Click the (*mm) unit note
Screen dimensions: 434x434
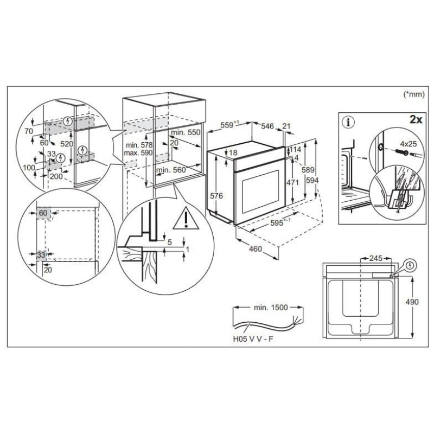[414, 94]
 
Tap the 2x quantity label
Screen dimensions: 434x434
[416, 119]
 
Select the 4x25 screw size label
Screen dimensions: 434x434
[409, 144]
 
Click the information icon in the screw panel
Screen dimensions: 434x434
[348, 122]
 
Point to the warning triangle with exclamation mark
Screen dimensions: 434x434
[186, 219]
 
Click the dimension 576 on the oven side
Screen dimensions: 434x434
[216, 196]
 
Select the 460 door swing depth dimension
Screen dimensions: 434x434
[255, 249]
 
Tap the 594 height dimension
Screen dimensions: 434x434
[312, 181]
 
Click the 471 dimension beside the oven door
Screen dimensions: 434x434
[292, 182]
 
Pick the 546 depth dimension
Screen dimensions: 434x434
[267, 126]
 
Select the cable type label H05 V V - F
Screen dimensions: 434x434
[253, 339]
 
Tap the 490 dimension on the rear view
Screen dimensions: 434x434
[412, 302]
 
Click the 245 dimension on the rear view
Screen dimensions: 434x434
[375, 259]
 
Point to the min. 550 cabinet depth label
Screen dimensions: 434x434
[186, 132]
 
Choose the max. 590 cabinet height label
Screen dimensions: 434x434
[138, 153]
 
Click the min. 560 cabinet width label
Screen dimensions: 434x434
[171, 170]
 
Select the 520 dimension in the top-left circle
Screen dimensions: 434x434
[67, 144]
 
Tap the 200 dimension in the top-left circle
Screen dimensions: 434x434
[56, 176]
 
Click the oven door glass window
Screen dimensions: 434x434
[261, 192]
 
